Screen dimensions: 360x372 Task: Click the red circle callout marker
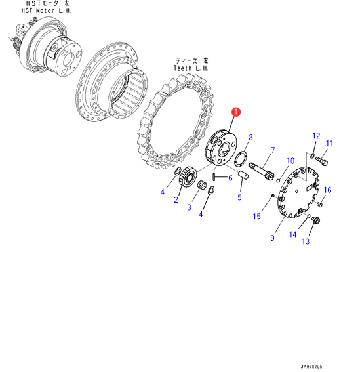236,112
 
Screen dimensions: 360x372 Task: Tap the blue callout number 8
250,137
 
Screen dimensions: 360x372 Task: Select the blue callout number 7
273,150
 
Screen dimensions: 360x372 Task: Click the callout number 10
290,161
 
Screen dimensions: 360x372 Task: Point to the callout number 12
316,136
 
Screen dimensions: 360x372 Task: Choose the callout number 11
329,143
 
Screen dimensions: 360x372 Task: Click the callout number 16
327,190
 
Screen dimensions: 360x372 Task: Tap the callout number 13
306,241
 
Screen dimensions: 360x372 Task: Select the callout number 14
293,234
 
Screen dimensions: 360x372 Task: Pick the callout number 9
272,238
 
